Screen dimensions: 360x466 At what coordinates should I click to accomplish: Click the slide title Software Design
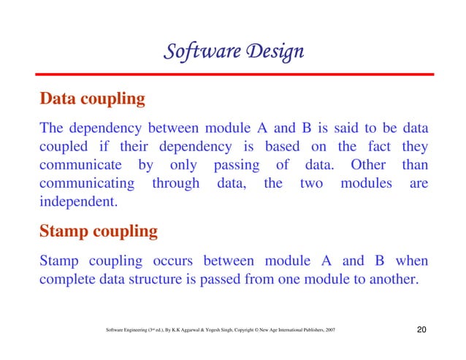(233, 53)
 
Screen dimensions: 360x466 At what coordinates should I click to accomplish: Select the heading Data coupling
(92, 99)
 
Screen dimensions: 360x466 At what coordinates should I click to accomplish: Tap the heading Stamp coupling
(98, 232)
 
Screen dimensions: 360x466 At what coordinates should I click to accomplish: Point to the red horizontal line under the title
(233, 74)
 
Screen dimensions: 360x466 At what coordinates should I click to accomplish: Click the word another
(394, 279)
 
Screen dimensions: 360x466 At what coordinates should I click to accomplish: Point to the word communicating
(88, 182)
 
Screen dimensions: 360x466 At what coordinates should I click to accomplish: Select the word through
(175, 182)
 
